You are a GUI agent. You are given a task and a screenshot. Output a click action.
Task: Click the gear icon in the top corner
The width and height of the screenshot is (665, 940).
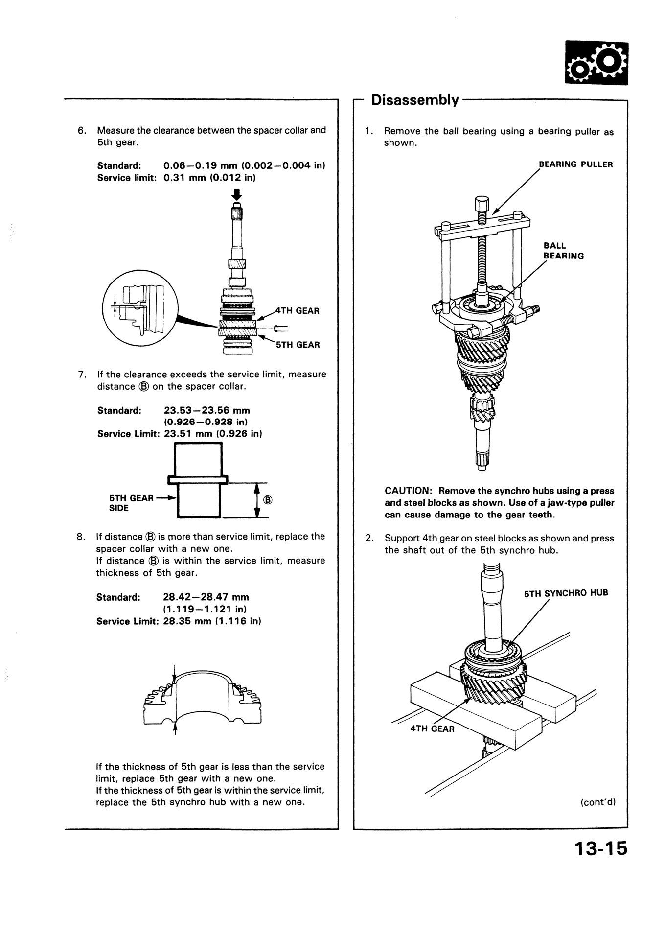tap(596, 62)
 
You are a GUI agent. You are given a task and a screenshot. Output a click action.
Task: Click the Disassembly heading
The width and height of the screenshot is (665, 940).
tap(415, 100)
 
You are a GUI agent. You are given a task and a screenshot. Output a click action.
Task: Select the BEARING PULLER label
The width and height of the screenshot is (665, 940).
tap(575, 164)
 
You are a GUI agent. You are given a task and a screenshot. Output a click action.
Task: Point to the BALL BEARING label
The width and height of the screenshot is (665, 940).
tap(564, 251)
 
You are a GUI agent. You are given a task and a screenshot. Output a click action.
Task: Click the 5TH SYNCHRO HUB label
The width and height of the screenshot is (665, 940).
tap(566, 593)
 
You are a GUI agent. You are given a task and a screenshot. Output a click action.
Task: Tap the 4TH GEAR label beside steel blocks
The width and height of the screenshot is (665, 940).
tap(432, 728)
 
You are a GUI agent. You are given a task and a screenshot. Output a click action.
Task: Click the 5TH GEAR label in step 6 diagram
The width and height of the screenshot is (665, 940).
tap(298, 345)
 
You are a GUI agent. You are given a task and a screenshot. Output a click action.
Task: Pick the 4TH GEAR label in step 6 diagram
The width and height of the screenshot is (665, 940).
tap(297, 311)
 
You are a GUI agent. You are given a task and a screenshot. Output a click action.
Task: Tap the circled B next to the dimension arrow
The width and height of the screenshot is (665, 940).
tap(268, 500)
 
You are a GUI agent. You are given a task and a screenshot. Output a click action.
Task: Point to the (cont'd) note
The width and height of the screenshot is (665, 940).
tap(597, 802)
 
